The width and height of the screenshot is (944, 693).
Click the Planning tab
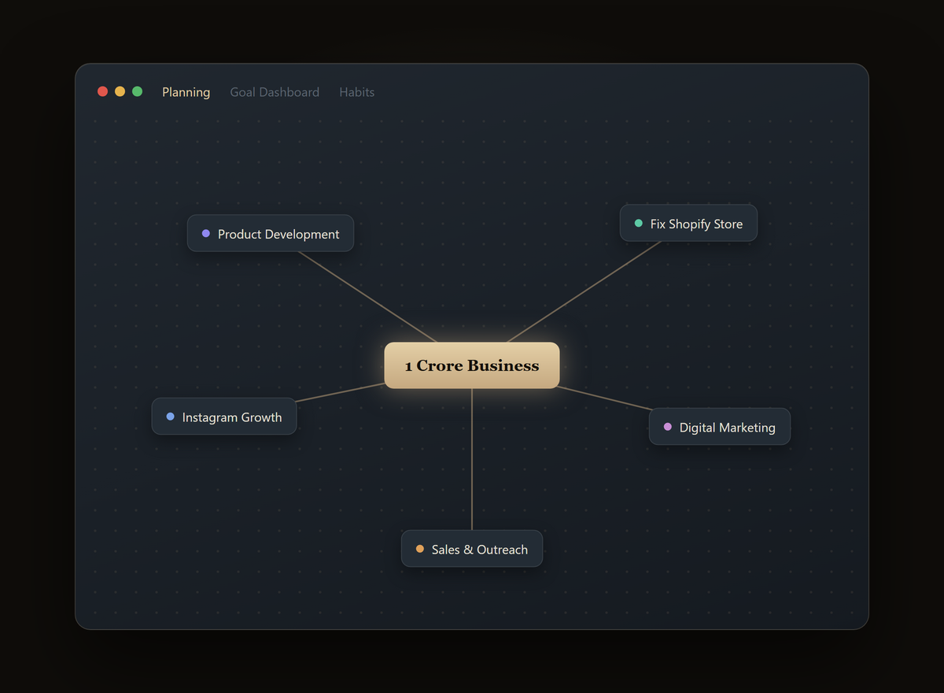[x=186, y=92]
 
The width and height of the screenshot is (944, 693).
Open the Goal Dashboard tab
[x=275, y=92]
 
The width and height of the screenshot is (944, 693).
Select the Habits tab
[x=356, y=92]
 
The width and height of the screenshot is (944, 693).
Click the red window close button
[x=102, y=91]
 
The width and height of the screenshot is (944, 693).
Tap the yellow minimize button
[x=120, y=91]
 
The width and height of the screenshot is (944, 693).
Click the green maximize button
[x=137, y=91]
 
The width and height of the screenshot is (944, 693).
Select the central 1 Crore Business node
[x=471, y=365]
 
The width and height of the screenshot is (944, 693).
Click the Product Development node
[x=270, y=233]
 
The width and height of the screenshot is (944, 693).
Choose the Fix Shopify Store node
[x=688, y=223]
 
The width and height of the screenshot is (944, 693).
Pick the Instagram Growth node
[x=223, y=417]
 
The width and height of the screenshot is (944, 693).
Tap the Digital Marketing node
[x=719, y=426]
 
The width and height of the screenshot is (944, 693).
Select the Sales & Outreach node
[x=471, y=549]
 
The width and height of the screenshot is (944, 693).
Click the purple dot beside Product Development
[x=205, y=233]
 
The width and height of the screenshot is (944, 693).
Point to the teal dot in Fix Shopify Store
[x=639, y=223]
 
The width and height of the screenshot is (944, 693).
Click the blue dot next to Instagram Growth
[x=170, y=417]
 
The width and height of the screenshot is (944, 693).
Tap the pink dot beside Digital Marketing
[x=668, y=426]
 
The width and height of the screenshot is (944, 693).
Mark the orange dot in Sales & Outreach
[x=420, y=549]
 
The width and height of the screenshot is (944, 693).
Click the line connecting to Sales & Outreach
[x=471, y=459]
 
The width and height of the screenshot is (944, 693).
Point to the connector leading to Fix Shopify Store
[x=584, y=292]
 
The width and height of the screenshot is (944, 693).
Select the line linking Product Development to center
[x=367, y=297]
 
